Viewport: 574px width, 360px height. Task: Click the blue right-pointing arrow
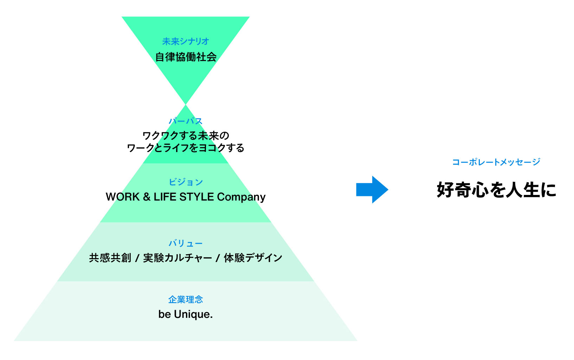pos(372,190)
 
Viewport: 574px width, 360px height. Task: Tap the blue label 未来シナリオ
pos(186,41)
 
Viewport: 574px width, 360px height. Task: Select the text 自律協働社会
pos(186,57)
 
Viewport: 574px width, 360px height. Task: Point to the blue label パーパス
pos(186,121)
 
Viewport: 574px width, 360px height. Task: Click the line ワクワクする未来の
pos(186,136)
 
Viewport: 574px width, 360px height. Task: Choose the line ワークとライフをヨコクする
pos(186,148)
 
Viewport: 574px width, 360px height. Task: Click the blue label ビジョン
pos(186,182)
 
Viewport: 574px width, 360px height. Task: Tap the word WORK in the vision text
pos(123,197)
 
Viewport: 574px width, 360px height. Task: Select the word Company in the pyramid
pos(241,197)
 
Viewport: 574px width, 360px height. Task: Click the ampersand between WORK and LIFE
pos(147,197)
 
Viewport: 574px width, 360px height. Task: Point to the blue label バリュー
pos(186,243)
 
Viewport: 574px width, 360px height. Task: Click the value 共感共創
pos(110,258)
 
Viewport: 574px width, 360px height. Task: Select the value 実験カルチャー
pos(178,258)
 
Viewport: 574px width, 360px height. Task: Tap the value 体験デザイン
pos(253,258)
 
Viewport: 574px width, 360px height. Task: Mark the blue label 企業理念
pos(186,300)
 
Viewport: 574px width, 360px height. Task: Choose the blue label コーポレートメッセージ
pos(496,162)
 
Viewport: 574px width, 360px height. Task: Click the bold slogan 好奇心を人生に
pos(496,190)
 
